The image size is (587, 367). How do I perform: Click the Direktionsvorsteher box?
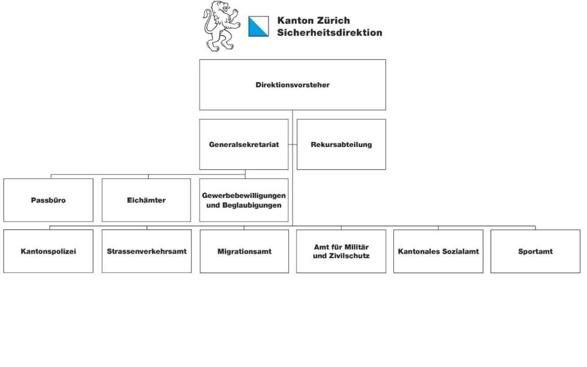coord(292,85)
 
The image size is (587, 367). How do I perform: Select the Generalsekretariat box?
coord(244,144)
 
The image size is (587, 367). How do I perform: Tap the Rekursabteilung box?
coord(341,144)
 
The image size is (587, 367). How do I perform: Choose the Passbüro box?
coord(48,200)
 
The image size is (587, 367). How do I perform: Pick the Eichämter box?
coord(146,200)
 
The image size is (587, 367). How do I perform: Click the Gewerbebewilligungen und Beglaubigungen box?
coord(244,200)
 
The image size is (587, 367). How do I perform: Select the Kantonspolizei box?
coord(48,251)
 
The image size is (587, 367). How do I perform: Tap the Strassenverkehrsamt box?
coord(146,251)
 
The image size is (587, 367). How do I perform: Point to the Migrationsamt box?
coord(244,252)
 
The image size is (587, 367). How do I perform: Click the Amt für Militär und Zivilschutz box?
coord(341,251)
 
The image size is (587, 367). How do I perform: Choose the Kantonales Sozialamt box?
coord(438,251)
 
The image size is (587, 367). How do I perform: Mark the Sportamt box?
coord(535,251)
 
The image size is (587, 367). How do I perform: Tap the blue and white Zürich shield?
coord(258,26)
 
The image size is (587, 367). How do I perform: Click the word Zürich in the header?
coord(332,21)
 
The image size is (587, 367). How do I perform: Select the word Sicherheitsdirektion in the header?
coord(329,32)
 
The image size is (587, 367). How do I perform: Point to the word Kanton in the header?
coord(294,21)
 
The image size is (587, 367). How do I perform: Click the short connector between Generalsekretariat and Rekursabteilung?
coord(292,144)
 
